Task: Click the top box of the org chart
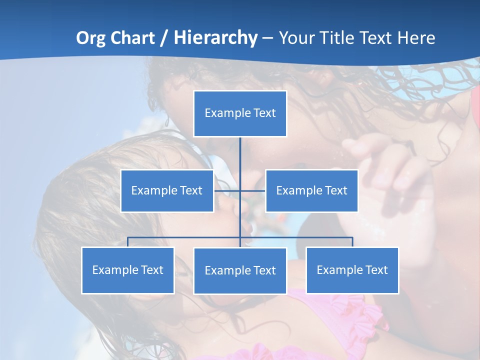240,113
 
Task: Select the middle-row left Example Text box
167,190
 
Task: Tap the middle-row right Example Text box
311,190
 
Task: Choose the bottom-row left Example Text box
128,270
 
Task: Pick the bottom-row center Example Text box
240,270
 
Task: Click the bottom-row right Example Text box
352,270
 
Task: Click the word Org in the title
91,38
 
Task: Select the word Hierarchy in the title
215,38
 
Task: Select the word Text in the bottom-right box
376,270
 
